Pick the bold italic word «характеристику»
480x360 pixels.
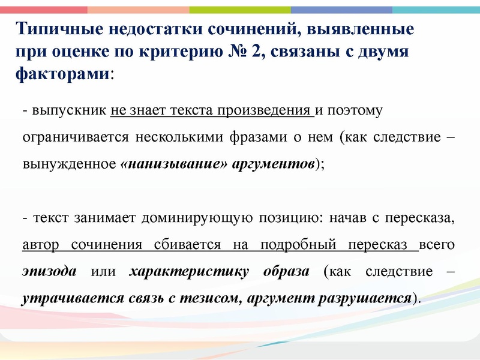tap(188, 271)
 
